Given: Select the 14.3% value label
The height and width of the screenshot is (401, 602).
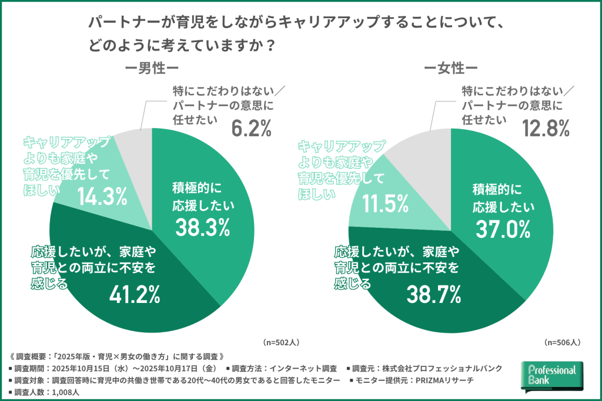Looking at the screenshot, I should pyautogui.click(x=102, y=197).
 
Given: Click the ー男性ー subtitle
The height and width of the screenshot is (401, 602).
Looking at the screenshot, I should pyautogui.click(x=150, y=68).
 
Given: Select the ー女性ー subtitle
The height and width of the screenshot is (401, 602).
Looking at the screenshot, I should pyautogui.click(x=451, y=68).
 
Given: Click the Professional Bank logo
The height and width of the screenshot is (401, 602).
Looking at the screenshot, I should pyautogui.click(x=552, y=376).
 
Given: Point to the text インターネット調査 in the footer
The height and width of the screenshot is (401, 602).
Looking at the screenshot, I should pyautogui.click(x=302, y=369).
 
